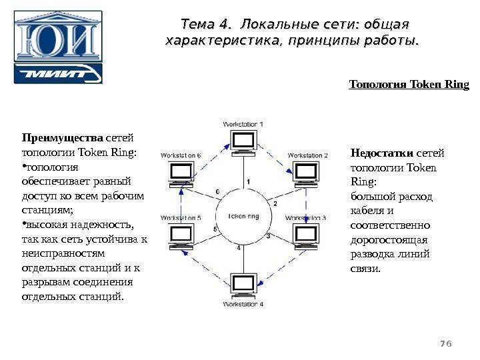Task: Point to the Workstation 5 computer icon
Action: [x=180, y=237]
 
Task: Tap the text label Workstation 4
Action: [x=243, y=305]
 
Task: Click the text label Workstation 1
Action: [x=243, y=124]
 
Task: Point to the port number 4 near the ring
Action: [x=239, y=247]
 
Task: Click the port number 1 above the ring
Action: [x=249, y=181]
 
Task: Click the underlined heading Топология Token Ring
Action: [x=409, y=85]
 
